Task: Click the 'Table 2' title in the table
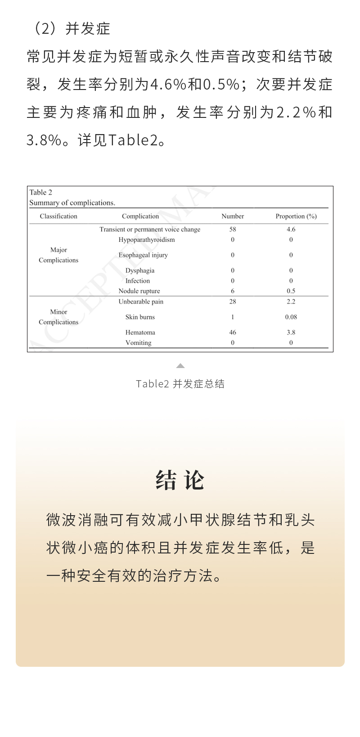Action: pyautogui.click(x=41, y=193)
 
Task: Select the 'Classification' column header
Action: pyautogui.click(x=58, y=216)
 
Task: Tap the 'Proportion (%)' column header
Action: pyautogui.click(x=296, y=216)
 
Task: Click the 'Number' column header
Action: pyautogui.click(x=233, y=216)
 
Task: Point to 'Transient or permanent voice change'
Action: pyautogui.click(x=150, y=229)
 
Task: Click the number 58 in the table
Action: pyautogui.click(x=233, y=229)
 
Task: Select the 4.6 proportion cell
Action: pyautogui.click(x=291, y=229)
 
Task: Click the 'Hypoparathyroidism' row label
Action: pyautogui.click(x=147, y=240)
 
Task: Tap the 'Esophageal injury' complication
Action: pyautogui.click(x=143, y=255)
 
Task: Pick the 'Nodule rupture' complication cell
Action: pyautogui.click(x=139, y=291)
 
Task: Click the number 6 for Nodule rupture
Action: pyautogui.click(x=233, y=291)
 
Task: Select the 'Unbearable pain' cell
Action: pyautogui.click(x=141, y=301)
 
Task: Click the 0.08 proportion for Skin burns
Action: pyautogui.click(x=291, y=317)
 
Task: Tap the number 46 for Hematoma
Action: pyautogui.click(x=233, y=333)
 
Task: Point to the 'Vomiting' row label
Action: pyautogui.click(x=138, y=343)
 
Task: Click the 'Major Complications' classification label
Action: pyautogui.click(x=58, y=255)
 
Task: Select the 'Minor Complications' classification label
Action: pyautogui.click(x=58, y=317)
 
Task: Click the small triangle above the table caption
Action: pyautogui.click(x=180, y=366)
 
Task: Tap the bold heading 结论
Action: pyautogui.click(x=180, y=480)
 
